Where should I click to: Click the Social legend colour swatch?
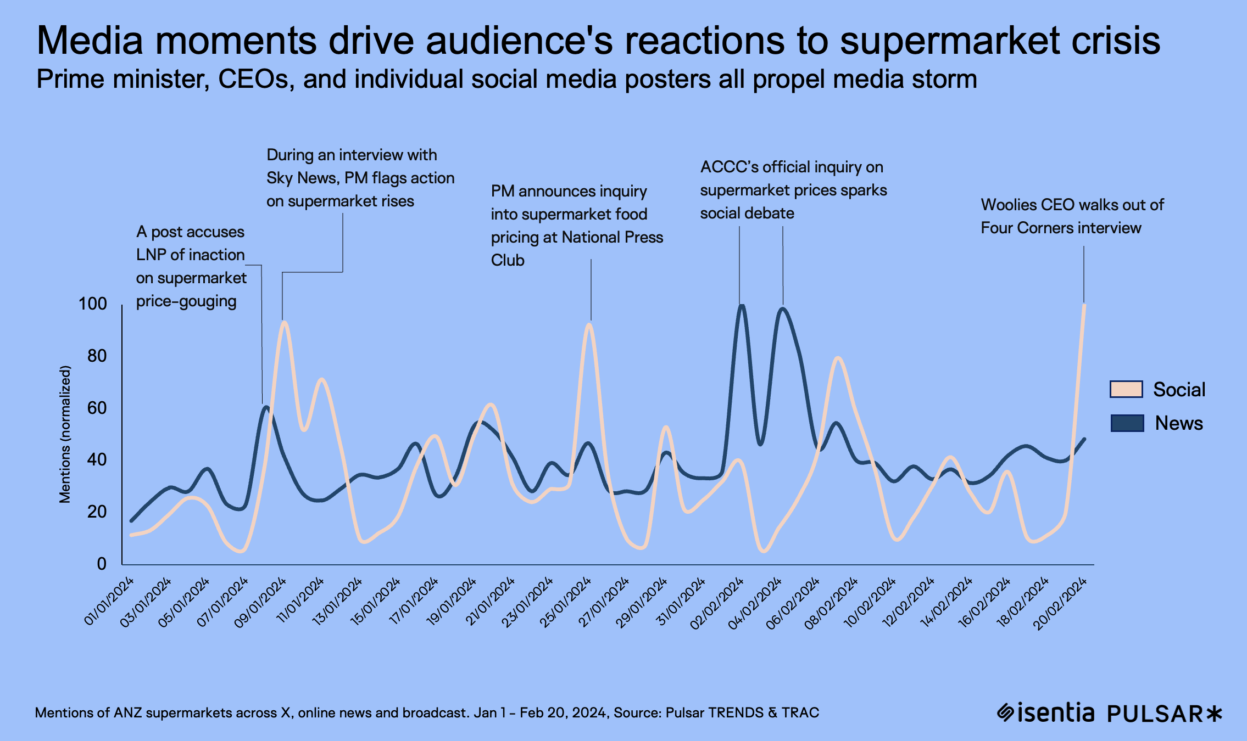click(x=1126, y=389)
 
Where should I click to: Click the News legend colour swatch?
click(x=1127, y=423)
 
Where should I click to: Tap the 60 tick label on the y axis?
click(x=97, y=408)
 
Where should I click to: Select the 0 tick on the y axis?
click(x=102, y=564)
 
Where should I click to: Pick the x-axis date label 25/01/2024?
click(x=566, y=601)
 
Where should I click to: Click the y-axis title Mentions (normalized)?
click(x=65, y=434)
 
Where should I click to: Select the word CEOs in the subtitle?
click(x=253, y=79)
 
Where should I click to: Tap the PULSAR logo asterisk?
click(x=1215, y=714)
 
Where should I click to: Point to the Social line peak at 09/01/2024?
click(x=283, y=323)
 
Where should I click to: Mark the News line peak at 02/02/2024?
click(x=742, y=305)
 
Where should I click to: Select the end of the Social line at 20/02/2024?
click(x=1084, y=305)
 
